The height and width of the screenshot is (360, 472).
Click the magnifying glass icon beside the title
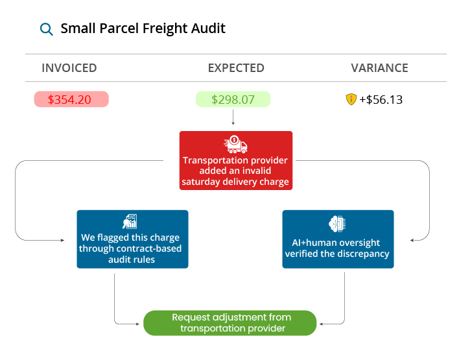click(x=46, y=29)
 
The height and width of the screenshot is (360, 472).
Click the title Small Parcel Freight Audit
click(x=143, y=29)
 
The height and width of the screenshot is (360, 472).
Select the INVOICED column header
click(x=69, y=68)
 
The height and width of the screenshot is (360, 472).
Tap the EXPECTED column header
click(x=236, y=68)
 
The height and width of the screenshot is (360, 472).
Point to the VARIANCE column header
click(x=379, y=68)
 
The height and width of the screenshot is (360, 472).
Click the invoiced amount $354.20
click(x=71, y=99)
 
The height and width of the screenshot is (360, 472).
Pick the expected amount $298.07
click(x=233, y=99)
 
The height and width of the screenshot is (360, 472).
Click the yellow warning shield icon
click(x=351, y=99)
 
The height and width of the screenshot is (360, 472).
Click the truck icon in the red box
click(x=235, y=144)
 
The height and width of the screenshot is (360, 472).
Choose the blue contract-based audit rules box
click(x=132, y=239)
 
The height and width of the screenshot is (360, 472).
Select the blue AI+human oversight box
click(x=338, y=239)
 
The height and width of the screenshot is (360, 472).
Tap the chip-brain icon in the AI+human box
click(x=337, y=222)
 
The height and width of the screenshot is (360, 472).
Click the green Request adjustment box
click(x=230, y=322)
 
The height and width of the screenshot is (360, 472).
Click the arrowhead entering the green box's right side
click(x=320, y=322)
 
